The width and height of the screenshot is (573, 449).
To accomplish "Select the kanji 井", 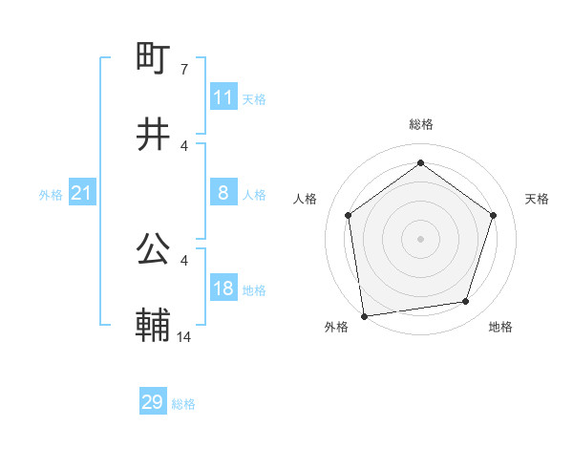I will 154,134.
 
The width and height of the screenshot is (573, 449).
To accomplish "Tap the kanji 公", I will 154,250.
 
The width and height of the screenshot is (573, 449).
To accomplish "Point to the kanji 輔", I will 154,325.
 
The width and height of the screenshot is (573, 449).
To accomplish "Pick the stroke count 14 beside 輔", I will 184,336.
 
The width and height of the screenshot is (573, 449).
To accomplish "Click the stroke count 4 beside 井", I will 184,145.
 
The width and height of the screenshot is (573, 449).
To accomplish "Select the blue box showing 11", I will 223,97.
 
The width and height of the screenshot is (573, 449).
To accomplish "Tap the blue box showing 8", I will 223,193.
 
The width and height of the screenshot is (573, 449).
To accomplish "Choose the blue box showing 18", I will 223,289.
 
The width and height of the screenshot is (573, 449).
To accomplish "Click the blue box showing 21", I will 81,194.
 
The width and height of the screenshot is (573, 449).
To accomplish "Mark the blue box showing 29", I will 153,402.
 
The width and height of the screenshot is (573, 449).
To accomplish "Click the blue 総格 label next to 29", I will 183,404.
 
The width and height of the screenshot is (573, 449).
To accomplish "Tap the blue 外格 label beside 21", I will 51,195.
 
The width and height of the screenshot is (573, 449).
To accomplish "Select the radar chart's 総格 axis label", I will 421,124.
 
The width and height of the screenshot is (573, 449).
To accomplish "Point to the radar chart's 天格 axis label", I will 538,199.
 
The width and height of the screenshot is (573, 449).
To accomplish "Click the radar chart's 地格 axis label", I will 500,327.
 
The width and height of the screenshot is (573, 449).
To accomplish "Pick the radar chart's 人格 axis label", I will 306,199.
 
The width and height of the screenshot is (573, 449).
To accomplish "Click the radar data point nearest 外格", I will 364,315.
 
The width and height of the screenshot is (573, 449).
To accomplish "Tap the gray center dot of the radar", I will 421,238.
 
